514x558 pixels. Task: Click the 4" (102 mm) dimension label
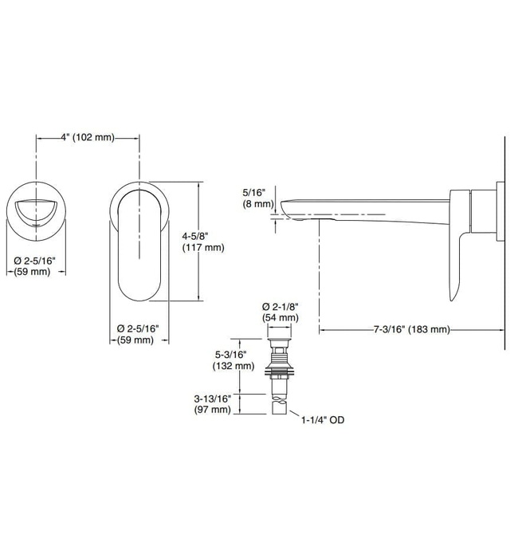tap(88, 137)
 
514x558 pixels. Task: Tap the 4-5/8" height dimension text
tap(204, 236)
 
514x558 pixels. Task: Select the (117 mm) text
tap(204, 248)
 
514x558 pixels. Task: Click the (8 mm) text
tap(257, 204)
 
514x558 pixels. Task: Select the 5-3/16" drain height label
tap(233, 355)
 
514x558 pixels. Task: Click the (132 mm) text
tap(233, 367)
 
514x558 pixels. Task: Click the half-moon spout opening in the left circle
tap(36, 211)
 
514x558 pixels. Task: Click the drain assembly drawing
tap(280, 375)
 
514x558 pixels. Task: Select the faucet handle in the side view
tap(460, 239)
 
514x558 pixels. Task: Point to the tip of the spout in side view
tap(284, 206)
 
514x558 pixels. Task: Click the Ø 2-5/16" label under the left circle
tap(36, 261)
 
